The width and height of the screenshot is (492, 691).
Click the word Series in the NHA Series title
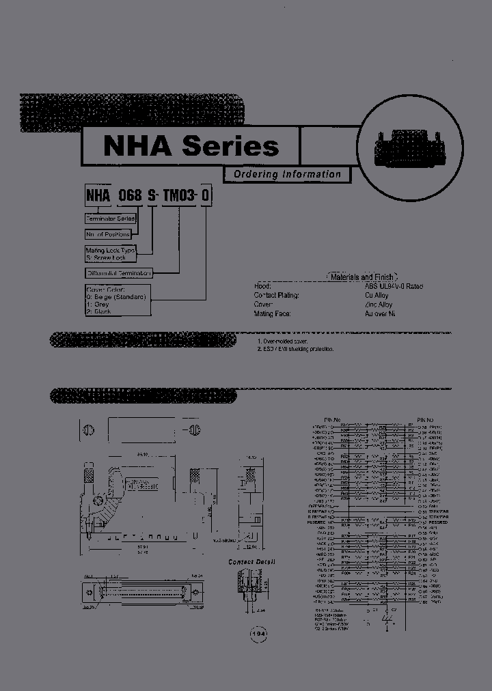230,146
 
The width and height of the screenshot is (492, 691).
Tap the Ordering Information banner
287,174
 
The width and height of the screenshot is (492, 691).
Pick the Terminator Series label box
110,218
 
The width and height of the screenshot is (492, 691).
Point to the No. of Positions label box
108,234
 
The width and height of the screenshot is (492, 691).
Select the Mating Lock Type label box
111,254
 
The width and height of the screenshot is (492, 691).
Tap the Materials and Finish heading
362,277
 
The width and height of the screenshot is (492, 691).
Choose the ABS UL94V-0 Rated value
394,287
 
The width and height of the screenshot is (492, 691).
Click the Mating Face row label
272,313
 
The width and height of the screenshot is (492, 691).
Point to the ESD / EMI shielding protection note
296,349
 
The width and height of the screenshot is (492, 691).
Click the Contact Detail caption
251,562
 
